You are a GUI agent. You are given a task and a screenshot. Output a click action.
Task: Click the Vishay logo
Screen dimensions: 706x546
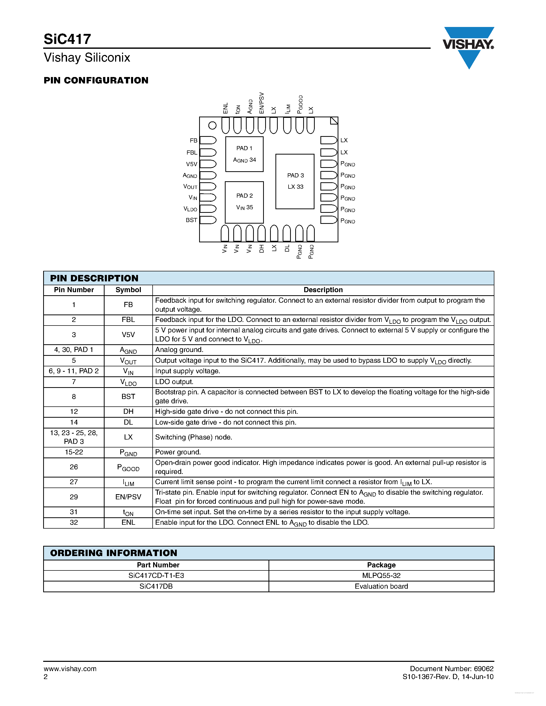click(468, 45)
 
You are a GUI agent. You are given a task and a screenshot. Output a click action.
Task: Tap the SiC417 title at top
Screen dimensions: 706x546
click(67, 39)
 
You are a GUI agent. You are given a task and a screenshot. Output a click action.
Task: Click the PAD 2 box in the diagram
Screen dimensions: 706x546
click(244, 202)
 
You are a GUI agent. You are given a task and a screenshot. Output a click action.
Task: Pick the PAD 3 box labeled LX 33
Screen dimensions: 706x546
click(295, 181)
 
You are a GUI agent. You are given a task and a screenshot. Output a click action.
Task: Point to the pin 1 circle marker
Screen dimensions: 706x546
click(212, 125)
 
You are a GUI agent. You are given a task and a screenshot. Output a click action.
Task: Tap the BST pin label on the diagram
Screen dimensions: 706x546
click(191, 220)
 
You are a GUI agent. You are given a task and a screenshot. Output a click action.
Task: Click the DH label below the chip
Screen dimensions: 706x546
click(262, 249)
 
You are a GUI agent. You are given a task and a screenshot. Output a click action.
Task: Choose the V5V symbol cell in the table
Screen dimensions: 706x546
click(128, 335)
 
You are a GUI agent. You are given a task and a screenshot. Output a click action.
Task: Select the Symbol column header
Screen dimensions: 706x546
click(128, 290)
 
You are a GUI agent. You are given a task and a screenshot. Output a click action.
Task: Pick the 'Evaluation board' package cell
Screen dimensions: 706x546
click(381, 586)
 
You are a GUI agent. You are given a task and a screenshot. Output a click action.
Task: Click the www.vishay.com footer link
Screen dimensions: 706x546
click(70, 669)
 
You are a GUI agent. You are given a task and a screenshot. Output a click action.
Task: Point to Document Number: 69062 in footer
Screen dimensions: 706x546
click(451, 669)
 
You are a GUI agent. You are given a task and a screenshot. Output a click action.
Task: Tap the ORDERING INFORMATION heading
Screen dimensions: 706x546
click(114, 553)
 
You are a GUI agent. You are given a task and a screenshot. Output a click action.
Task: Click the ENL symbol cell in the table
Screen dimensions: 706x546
click(128, 523)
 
